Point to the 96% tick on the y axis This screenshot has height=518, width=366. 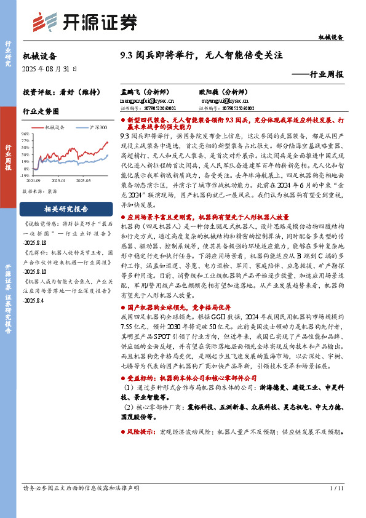pyautogui.click(x=25, y=133)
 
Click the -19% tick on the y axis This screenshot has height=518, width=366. pyautogui.click(x=25, y=175)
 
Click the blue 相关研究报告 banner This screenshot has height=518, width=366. pyautogui.click(x=66, y=208)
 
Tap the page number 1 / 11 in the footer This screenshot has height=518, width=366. pyautogui.click(x=336, y=488)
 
